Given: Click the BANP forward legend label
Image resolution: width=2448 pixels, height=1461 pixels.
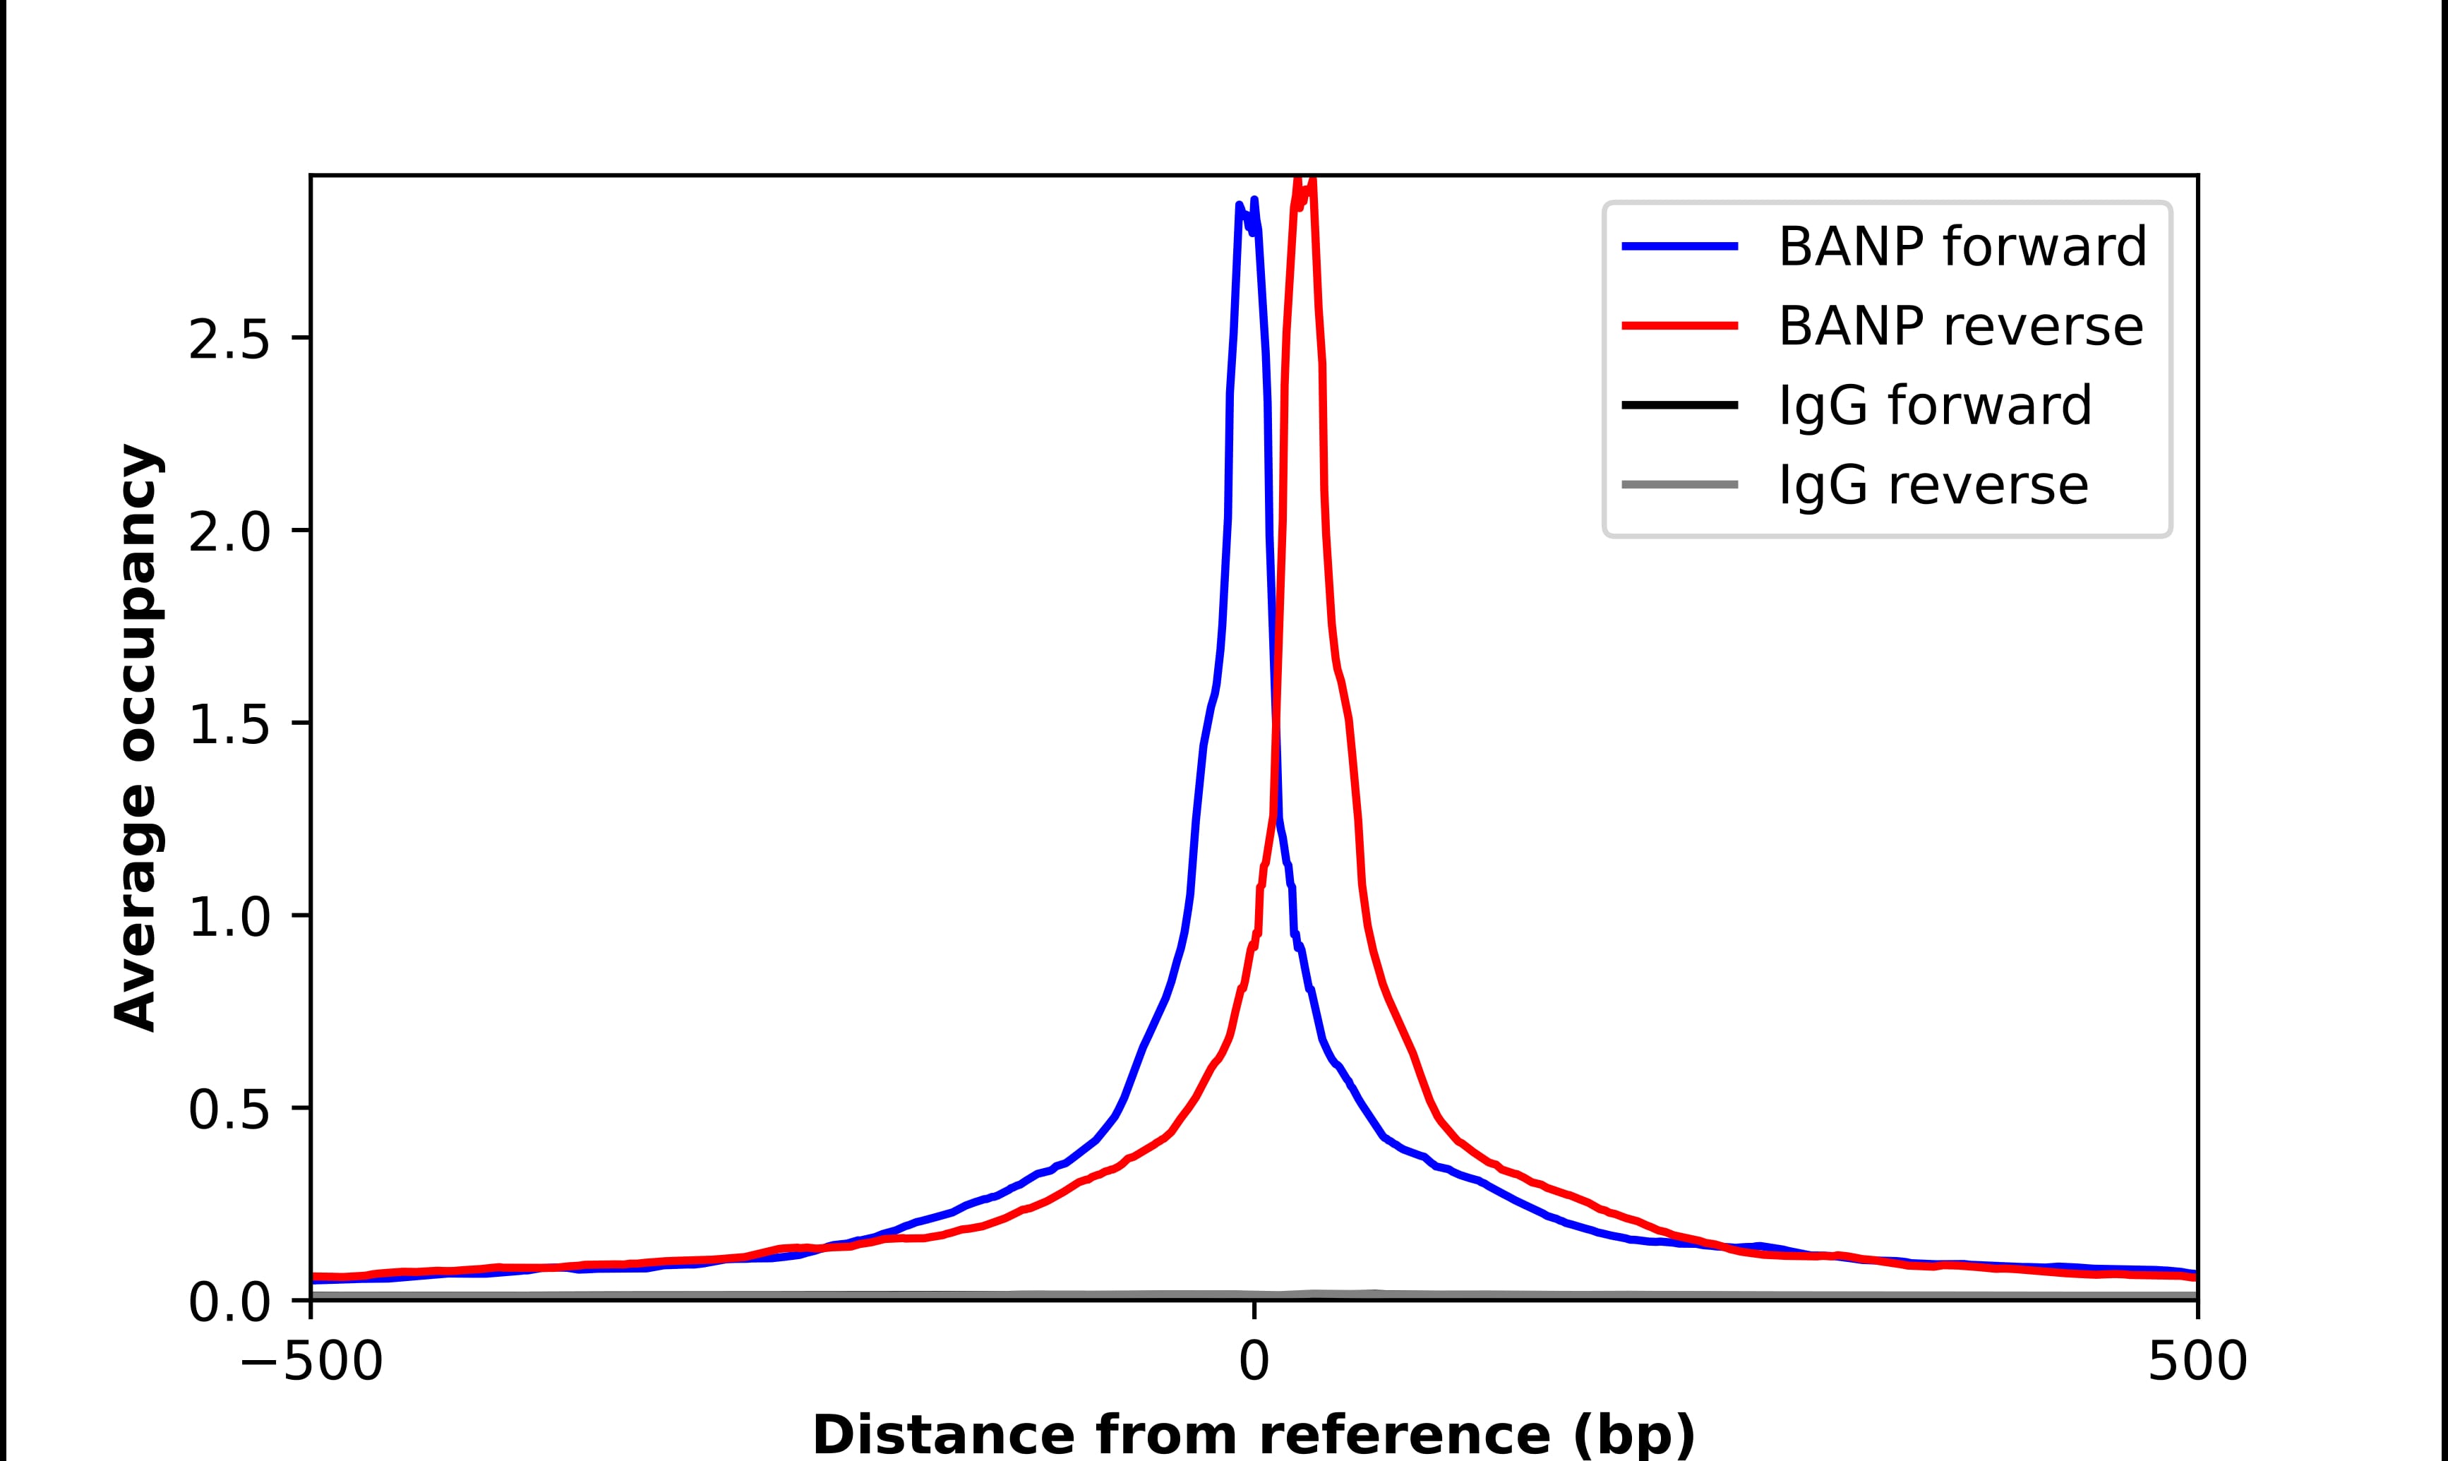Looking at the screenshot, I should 1962,246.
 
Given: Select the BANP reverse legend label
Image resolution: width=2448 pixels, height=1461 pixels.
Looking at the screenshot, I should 1960,326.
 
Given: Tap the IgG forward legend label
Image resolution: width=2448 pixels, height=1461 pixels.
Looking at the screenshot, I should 1934,406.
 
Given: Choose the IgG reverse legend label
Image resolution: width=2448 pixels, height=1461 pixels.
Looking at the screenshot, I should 1932,486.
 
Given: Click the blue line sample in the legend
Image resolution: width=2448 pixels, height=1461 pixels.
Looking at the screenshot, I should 1679,246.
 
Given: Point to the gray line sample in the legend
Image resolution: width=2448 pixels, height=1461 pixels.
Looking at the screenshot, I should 1679,484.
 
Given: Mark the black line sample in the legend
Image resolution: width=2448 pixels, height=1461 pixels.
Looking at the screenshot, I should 1679,404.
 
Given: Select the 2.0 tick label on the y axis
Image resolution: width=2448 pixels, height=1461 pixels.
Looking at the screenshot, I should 229,534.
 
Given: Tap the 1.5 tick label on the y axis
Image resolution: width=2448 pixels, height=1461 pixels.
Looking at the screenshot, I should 229,726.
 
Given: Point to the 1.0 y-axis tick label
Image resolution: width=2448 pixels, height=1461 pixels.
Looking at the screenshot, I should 229,918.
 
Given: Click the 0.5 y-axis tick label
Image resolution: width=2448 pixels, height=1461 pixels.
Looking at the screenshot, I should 229,1110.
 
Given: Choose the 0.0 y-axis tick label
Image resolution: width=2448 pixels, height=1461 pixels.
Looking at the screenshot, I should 229,1304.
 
